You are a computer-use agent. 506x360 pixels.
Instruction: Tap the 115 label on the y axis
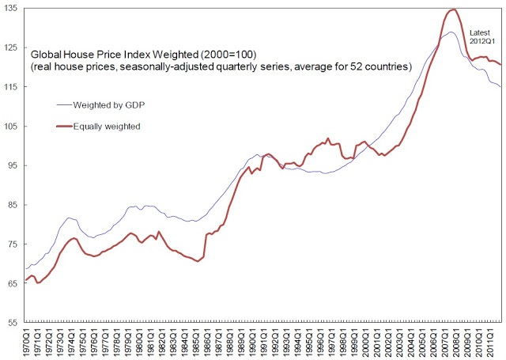(11, 87)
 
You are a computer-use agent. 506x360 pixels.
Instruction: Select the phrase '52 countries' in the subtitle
(380, 68)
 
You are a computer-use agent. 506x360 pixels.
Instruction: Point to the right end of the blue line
(500, 87)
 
